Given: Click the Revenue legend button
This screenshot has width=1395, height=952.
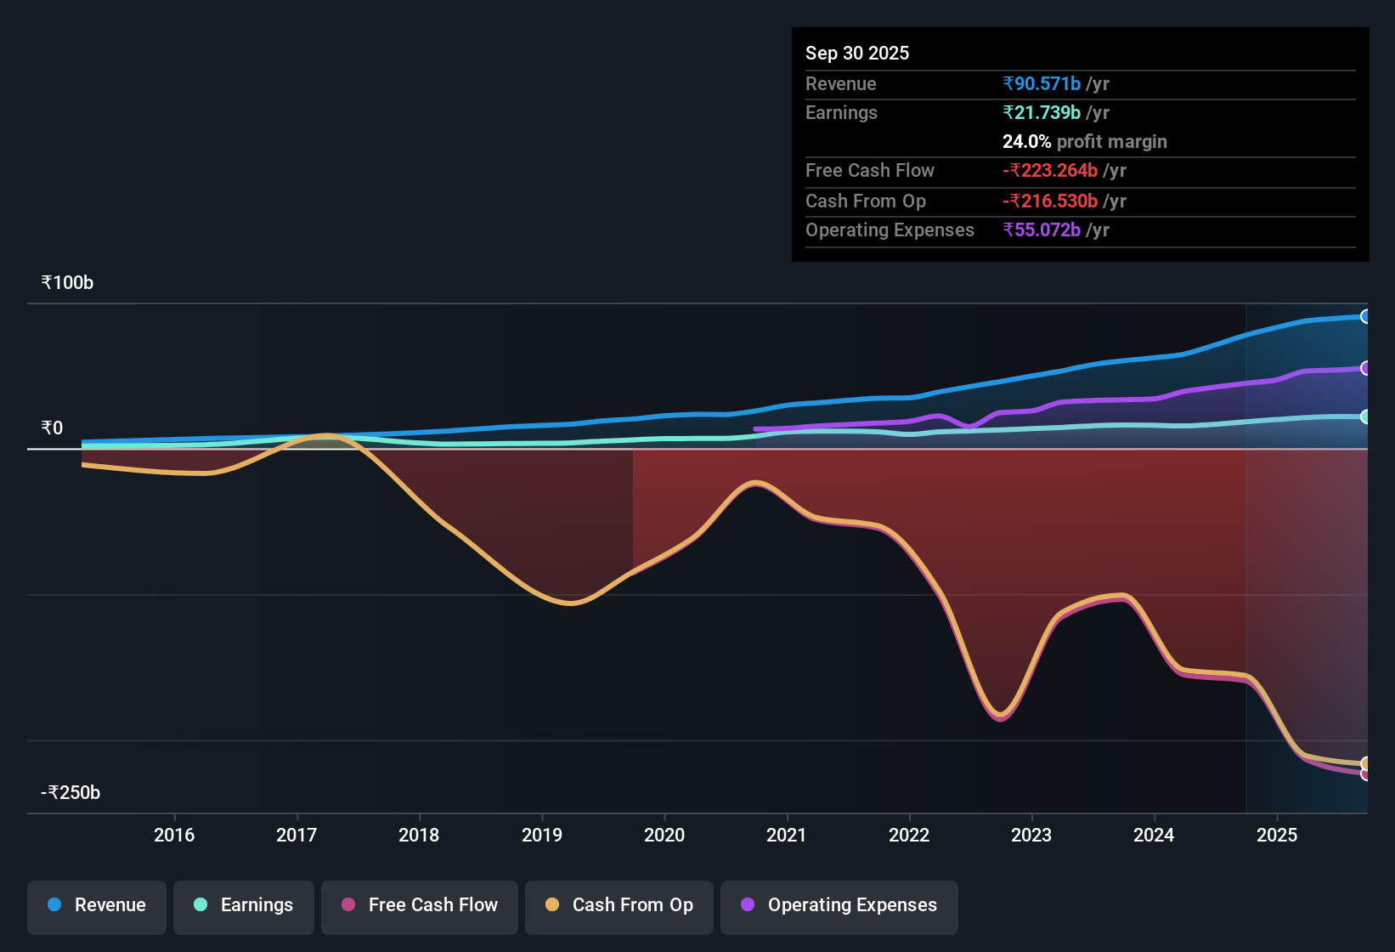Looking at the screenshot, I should click(x=97, y=905).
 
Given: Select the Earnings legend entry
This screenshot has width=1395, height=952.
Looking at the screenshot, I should click(x=244, y=905).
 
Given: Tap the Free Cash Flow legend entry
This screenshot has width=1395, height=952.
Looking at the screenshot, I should click(x=420, y=905).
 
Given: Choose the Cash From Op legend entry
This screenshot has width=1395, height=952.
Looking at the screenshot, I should click(x=619, y=905).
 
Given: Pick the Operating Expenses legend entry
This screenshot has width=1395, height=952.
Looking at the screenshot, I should click(x=839, y=905).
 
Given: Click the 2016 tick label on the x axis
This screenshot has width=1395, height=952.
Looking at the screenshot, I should click(x=174, y=836).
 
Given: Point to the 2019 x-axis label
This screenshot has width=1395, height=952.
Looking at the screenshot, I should click(x=542, y=836).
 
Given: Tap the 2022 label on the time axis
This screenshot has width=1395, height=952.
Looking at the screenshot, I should click(x=909, y=836).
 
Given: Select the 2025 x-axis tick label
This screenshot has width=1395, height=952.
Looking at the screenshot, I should click(x=1277, y=836).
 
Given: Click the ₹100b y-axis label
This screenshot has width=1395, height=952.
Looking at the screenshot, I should click(x=68, y=283).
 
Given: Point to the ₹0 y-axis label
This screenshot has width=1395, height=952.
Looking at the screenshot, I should click(x=53, y=428).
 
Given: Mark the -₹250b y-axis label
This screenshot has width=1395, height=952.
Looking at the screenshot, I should click(x=71, y=793).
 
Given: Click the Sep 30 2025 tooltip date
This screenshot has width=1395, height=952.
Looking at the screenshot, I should click(x=857, y=54).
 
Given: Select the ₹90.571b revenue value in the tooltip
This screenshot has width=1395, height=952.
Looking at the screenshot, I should click(x=1042, y=84).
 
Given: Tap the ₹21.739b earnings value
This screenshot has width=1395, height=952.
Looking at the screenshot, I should click(x=1042, y=113).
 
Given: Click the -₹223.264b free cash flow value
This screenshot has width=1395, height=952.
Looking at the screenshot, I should click(x=1050, y=171).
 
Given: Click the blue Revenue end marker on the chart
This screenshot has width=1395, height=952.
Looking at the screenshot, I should click(x=1365, y=317).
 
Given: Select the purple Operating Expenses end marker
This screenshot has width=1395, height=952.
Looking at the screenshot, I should click(x=1365, y=368).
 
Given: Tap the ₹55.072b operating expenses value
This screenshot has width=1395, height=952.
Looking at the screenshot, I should click(x=1042, y=230).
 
